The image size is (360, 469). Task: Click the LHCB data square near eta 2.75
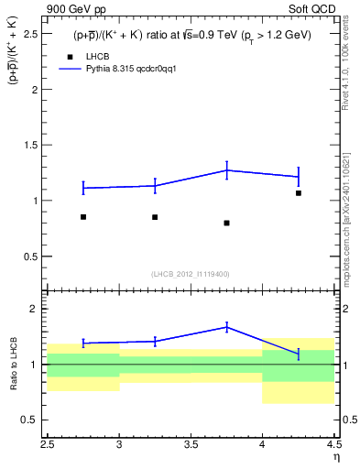tap(83, 217)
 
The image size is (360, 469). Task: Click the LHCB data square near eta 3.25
tap(155, 217)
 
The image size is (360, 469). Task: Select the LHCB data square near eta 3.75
tap(226, 223)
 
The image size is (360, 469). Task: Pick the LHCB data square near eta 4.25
tap(299, 193)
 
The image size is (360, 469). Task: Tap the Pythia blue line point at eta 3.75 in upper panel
tap(226, 169)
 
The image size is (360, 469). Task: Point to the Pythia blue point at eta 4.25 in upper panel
tap(299, 176)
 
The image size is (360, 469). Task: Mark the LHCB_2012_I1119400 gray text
tap(191, 274)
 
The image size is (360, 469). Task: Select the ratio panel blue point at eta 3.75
tap(226, 326)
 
